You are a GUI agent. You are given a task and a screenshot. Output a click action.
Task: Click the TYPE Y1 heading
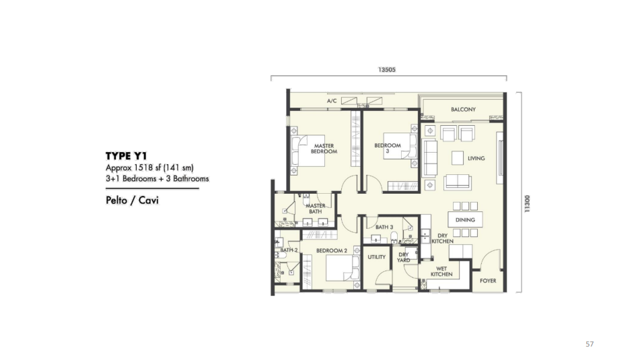tap(126, 156)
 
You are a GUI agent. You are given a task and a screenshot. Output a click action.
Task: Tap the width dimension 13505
tap(386, 69)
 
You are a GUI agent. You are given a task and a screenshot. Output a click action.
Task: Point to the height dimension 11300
tap(527, 203)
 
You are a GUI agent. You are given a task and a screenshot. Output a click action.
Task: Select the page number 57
tap(590, 344)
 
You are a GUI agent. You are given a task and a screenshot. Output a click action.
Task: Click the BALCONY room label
tap(463, 110)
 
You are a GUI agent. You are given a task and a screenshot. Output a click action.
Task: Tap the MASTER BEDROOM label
tap(324, 148)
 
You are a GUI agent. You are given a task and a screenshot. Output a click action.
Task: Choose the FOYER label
tap(488, 281)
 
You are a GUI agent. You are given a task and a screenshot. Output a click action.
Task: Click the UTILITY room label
tap(376, 257)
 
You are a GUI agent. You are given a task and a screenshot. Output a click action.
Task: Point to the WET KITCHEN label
tap(441, 272)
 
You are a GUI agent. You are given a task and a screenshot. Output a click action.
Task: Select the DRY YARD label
tap(403, 257)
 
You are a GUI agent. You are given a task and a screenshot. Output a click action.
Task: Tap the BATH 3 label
tap(384, 227)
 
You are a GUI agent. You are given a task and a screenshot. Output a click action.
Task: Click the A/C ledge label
tap(332, 101)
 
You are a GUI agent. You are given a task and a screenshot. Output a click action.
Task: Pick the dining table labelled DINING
tap(465, 219)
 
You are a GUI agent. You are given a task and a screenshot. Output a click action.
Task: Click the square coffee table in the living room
tap(458, 157)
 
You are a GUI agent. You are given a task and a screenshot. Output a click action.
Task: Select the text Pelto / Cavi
tap(132, 201)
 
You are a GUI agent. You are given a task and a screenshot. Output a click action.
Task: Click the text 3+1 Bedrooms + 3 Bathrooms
tap(157, 178)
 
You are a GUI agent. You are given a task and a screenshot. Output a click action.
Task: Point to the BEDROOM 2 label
tap(332, 250)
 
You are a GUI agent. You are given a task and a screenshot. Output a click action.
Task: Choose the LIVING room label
tap(476, 158)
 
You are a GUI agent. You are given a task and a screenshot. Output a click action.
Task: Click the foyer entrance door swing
tap(490, 259)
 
